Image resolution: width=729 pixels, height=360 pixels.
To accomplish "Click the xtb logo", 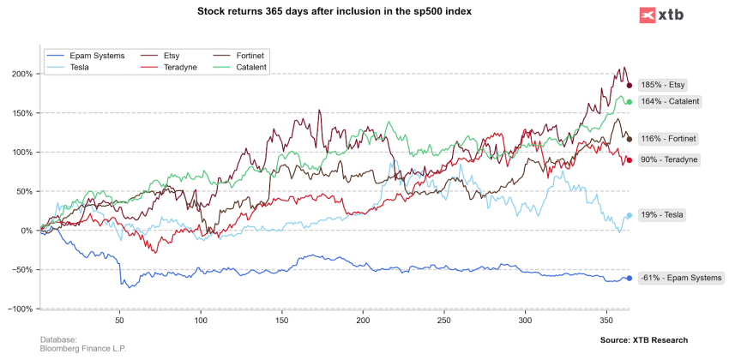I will point(664,15).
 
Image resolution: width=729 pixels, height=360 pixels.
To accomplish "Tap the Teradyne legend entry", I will point(180,67).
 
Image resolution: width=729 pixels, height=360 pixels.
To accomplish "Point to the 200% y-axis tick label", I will point(22,74).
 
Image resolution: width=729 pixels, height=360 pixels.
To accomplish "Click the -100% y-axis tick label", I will point(21,309).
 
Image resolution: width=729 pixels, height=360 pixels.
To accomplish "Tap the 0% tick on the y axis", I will point(27,231).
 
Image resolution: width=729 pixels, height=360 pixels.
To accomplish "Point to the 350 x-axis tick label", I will point(605,321).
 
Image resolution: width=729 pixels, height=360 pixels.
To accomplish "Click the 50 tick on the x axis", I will point(119,321).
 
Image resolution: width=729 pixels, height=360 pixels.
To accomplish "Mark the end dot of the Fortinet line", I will point(629,139).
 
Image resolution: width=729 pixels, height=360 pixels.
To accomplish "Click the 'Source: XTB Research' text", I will point(644,340).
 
